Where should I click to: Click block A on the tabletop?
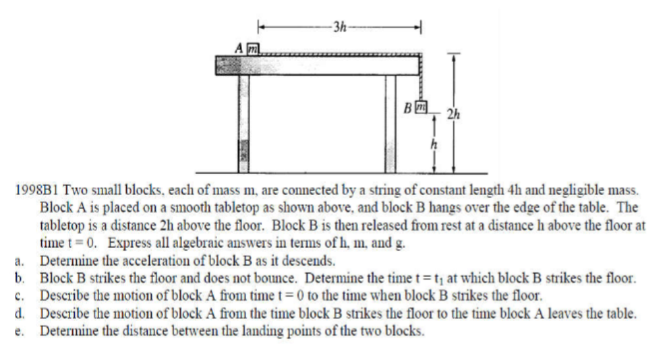pyautogui.click(x=252, y=48)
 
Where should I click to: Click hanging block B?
pyautogui.click(x=419, y=106)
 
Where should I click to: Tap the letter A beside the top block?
pyautogui.click(x=238, y=49)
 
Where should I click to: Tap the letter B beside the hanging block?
pyautogui.click(x=407, y=107)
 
